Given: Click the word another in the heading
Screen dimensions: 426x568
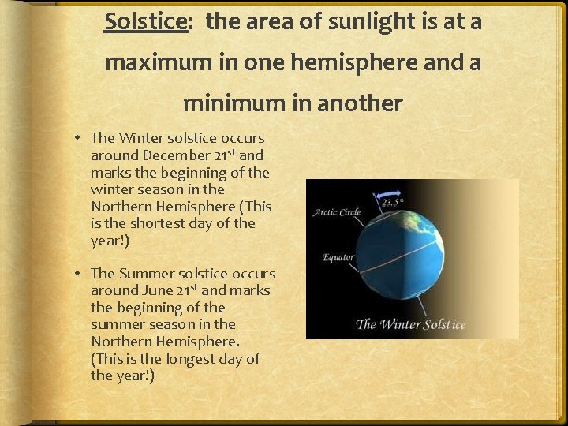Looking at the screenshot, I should click(x=361, y=103).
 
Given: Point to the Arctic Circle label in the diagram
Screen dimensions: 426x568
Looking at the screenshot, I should click(x=337, y=212).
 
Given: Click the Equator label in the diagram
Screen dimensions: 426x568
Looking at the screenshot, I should click(x=338, y=257).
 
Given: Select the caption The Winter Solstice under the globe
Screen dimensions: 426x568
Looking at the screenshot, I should click(x=410, y=324).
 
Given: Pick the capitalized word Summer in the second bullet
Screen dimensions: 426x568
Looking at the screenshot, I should click(x=144, y=274).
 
